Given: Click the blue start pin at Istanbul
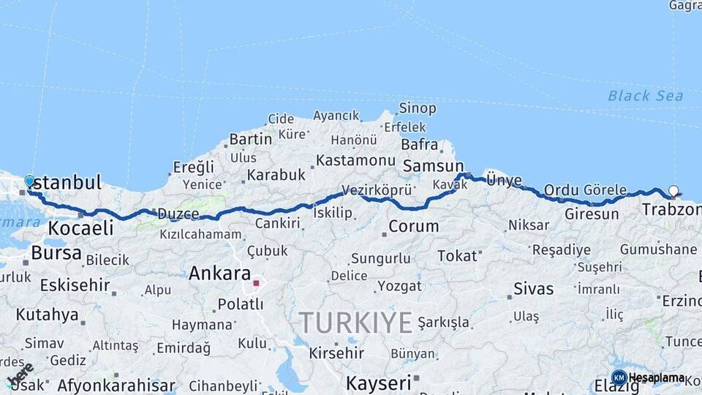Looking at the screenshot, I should pyautogui.click(x=29, y=181).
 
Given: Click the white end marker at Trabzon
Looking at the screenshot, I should pyautogui.click(x=673, y=191).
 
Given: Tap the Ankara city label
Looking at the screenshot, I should pyautogui.click(x=219, y=274).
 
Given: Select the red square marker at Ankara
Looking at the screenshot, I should pyautogui.click(x=256, y=282).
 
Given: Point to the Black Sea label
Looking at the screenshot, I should pyautogui.click(x=645, y=96).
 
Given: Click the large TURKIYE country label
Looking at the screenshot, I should pyautogui.click(x=355, y=322).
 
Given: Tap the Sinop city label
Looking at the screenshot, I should pyautogui.click(x=418, y=108).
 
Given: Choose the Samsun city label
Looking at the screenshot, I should pyautogui.click(x=433, y=166).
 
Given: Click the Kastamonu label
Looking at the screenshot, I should pyautogui.click(x=356, y=160).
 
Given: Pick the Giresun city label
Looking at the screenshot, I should pyautogui.click(x=592, y=215).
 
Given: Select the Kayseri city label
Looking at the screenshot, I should pyautogui.click(x=378, y=383).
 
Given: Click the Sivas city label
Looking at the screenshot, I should pyautogui.click(x=533, y=288).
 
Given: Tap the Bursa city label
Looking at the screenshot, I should pyautogui.click(x=57, y=253).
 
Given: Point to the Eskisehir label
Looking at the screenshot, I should pyautogui.click(x=75, y=285).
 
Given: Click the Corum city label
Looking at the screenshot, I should pyautogui.click(x=413, y=227).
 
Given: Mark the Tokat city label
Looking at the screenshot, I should pyautogui.click(x=457, y=256).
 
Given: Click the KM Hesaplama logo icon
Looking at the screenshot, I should pyautogui.click(x=619, y=377).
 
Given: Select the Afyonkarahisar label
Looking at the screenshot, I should pyautogui.click(x=116, y=385).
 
